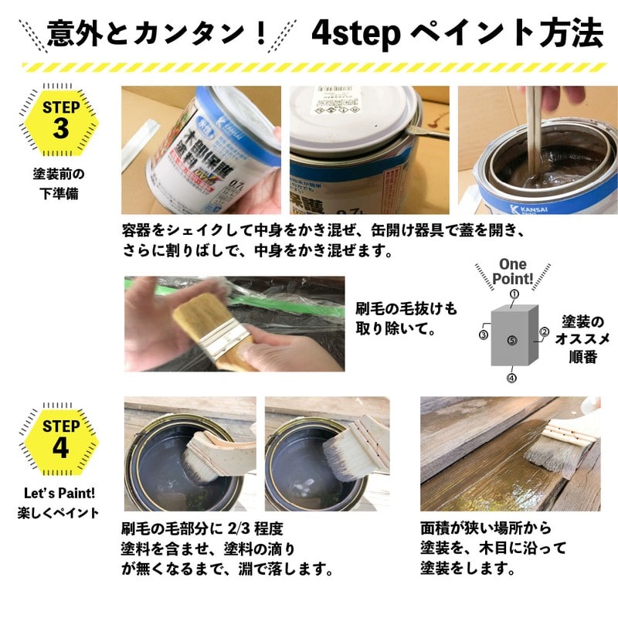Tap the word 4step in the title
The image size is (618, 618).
point(355,32)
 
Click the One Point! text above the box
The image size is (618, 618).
point(513,271)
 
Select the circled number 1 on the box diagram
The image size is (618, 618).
point(514,294)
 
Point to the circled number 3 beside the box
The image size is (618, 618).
point(483,335)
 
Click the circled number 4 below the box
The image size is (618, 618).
point(511,379)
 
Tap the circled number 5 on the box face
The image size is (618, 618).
point(512,340)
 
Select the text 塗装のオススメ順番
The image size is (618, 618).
point(579,338)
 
